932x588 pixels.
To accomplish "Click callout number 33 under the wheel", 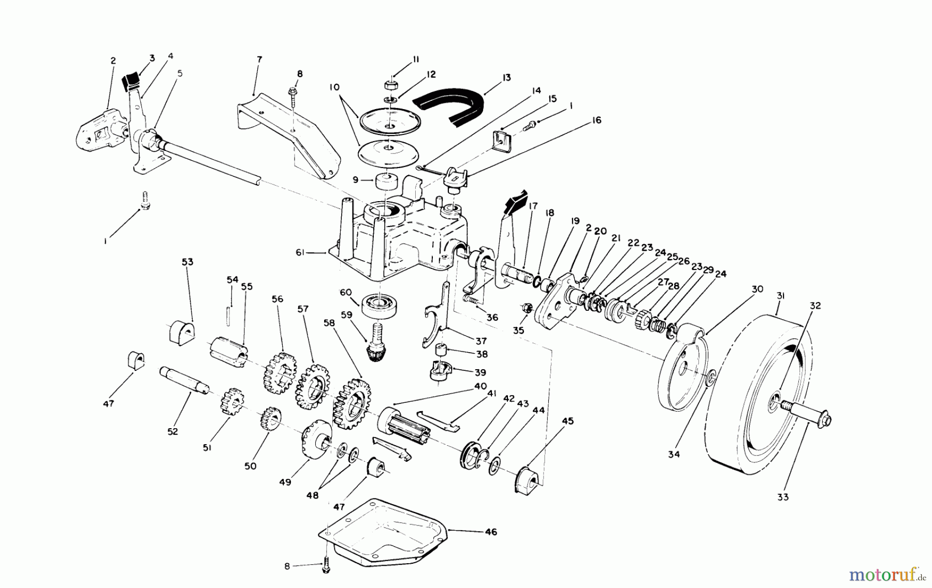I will pos(782,497).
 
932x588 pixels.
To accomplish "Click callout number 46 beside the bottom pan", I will pos(491,532).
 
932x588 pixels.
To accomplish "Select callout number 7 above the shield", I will pos(259,59).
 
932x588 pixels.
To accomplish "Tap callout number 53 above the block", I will pos(187,262).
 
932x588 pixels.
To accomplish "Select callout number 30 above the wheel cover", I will pos(757,290).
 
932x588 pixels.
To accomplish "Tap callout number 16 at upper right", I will pos(596,120).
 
